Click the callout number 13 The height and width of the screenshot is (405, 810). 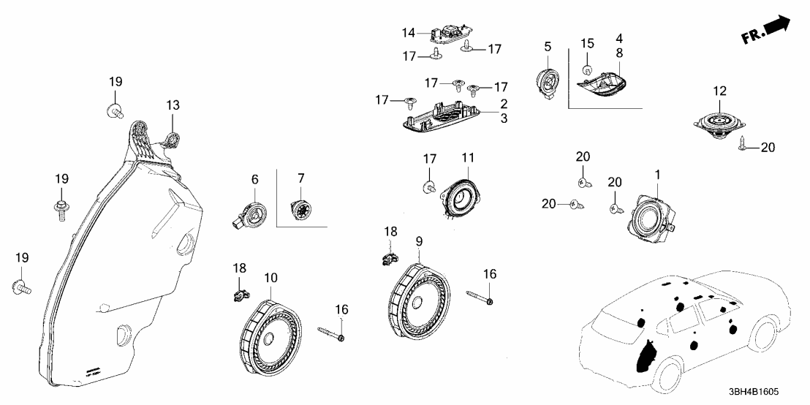pos(173,106)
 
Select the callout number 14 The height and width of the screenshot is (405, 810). pos(408,32)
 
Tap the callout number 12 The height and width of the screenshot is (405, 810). pos(720,91)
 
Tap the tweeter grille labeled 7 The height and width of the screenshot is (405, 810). pos(298,208)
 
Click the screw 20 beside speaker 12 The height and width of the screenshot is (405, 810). pos(743,148)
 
